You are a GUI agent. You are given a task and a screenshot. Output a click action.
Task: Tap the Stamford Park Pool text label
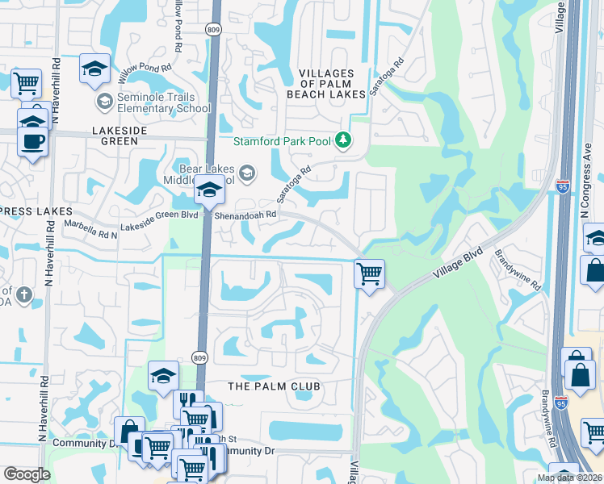tap(283, 141)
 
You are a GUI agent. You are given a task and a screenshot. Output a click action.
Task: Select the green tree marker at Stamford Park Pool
tap(344, 140)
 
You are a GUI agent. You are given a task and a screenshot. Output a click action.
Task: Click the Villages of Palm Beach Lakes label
tap(326, 84)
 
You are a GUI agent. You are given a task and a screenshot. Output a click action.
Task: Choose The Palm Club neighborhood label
tap(275, 386)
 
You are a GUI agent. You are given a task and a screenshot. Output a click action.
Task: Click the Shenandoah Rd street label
tap(246, 215)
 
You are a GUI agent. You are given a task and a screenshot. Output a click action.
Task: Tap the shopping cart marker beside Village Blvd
tap(369, 273)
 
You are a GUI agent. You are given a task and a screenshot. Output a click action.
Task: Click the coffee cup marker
tap(32, 141)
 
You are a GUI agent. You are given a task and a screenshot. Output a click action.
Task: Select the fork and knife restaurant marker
tap(187, 401)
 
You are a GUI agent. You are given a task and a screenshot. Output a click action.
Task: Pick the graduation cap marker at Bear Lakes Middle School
tap(209, 190)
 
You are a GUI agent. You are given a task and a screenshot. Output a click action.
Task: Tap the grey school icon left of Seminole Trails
tap(104, 102)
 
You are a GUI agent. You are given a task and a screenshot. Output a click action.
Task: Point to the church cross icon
tap(24, 295)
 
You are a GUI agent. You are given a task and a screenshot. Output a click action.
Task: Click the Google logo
tap(27, 474)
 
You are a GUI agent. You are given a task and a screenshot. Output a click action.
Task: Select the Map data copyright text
tap(568, 478)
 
